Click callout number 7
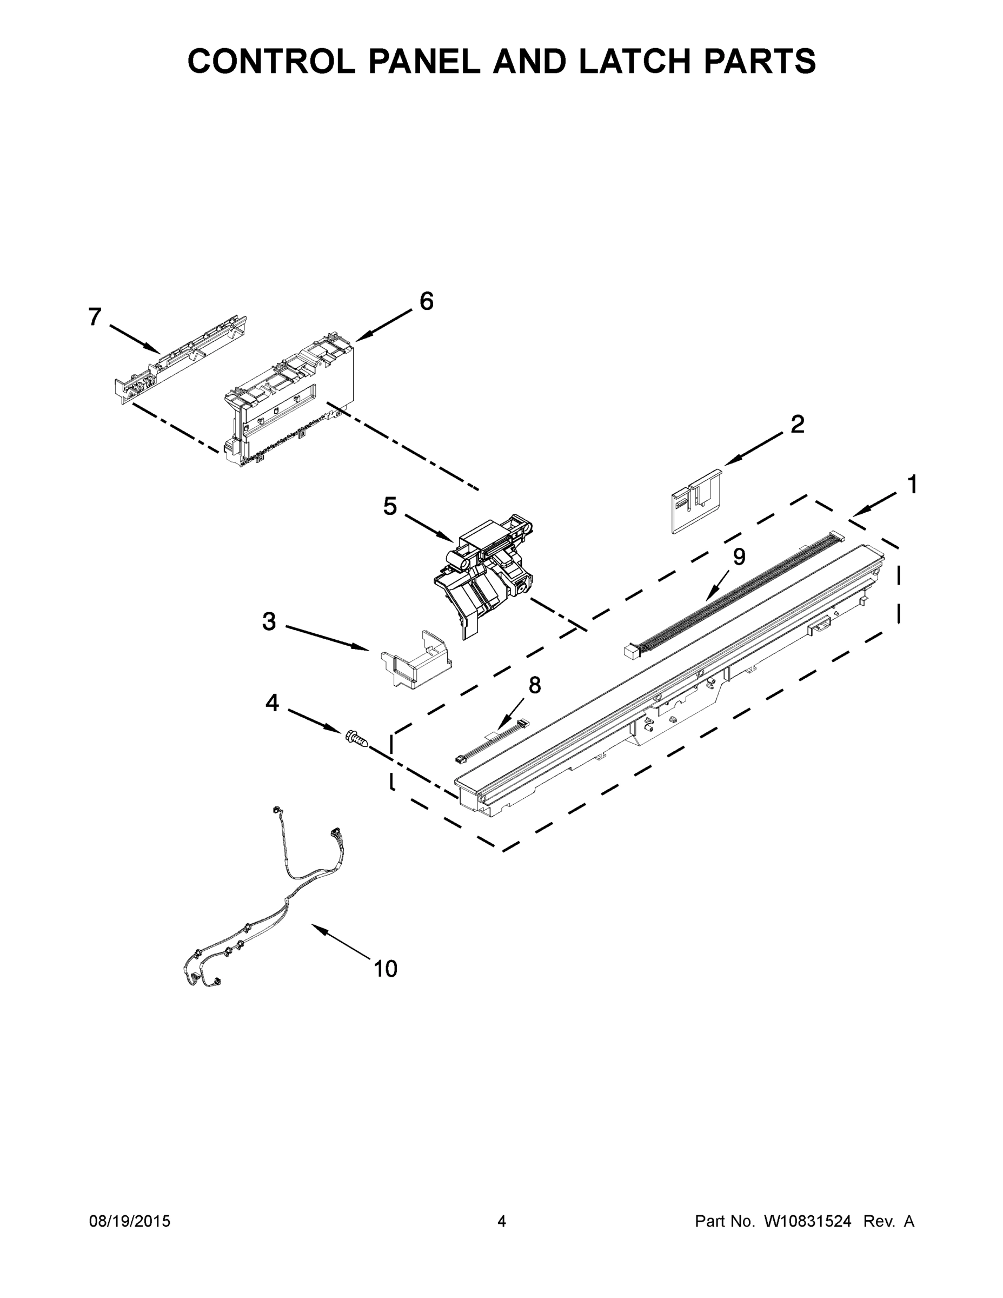[95, 317]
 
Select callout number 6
[427, 301]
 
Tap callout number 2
[798, 424]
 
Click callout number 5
[390, 506]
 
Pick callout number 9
[739, 557]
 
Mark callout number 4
[271, 703]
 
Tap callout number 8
[535, 685]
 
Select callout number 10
[385, 969]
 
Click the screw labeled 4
[355, 739]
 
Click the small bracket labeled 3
[415, 660]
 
